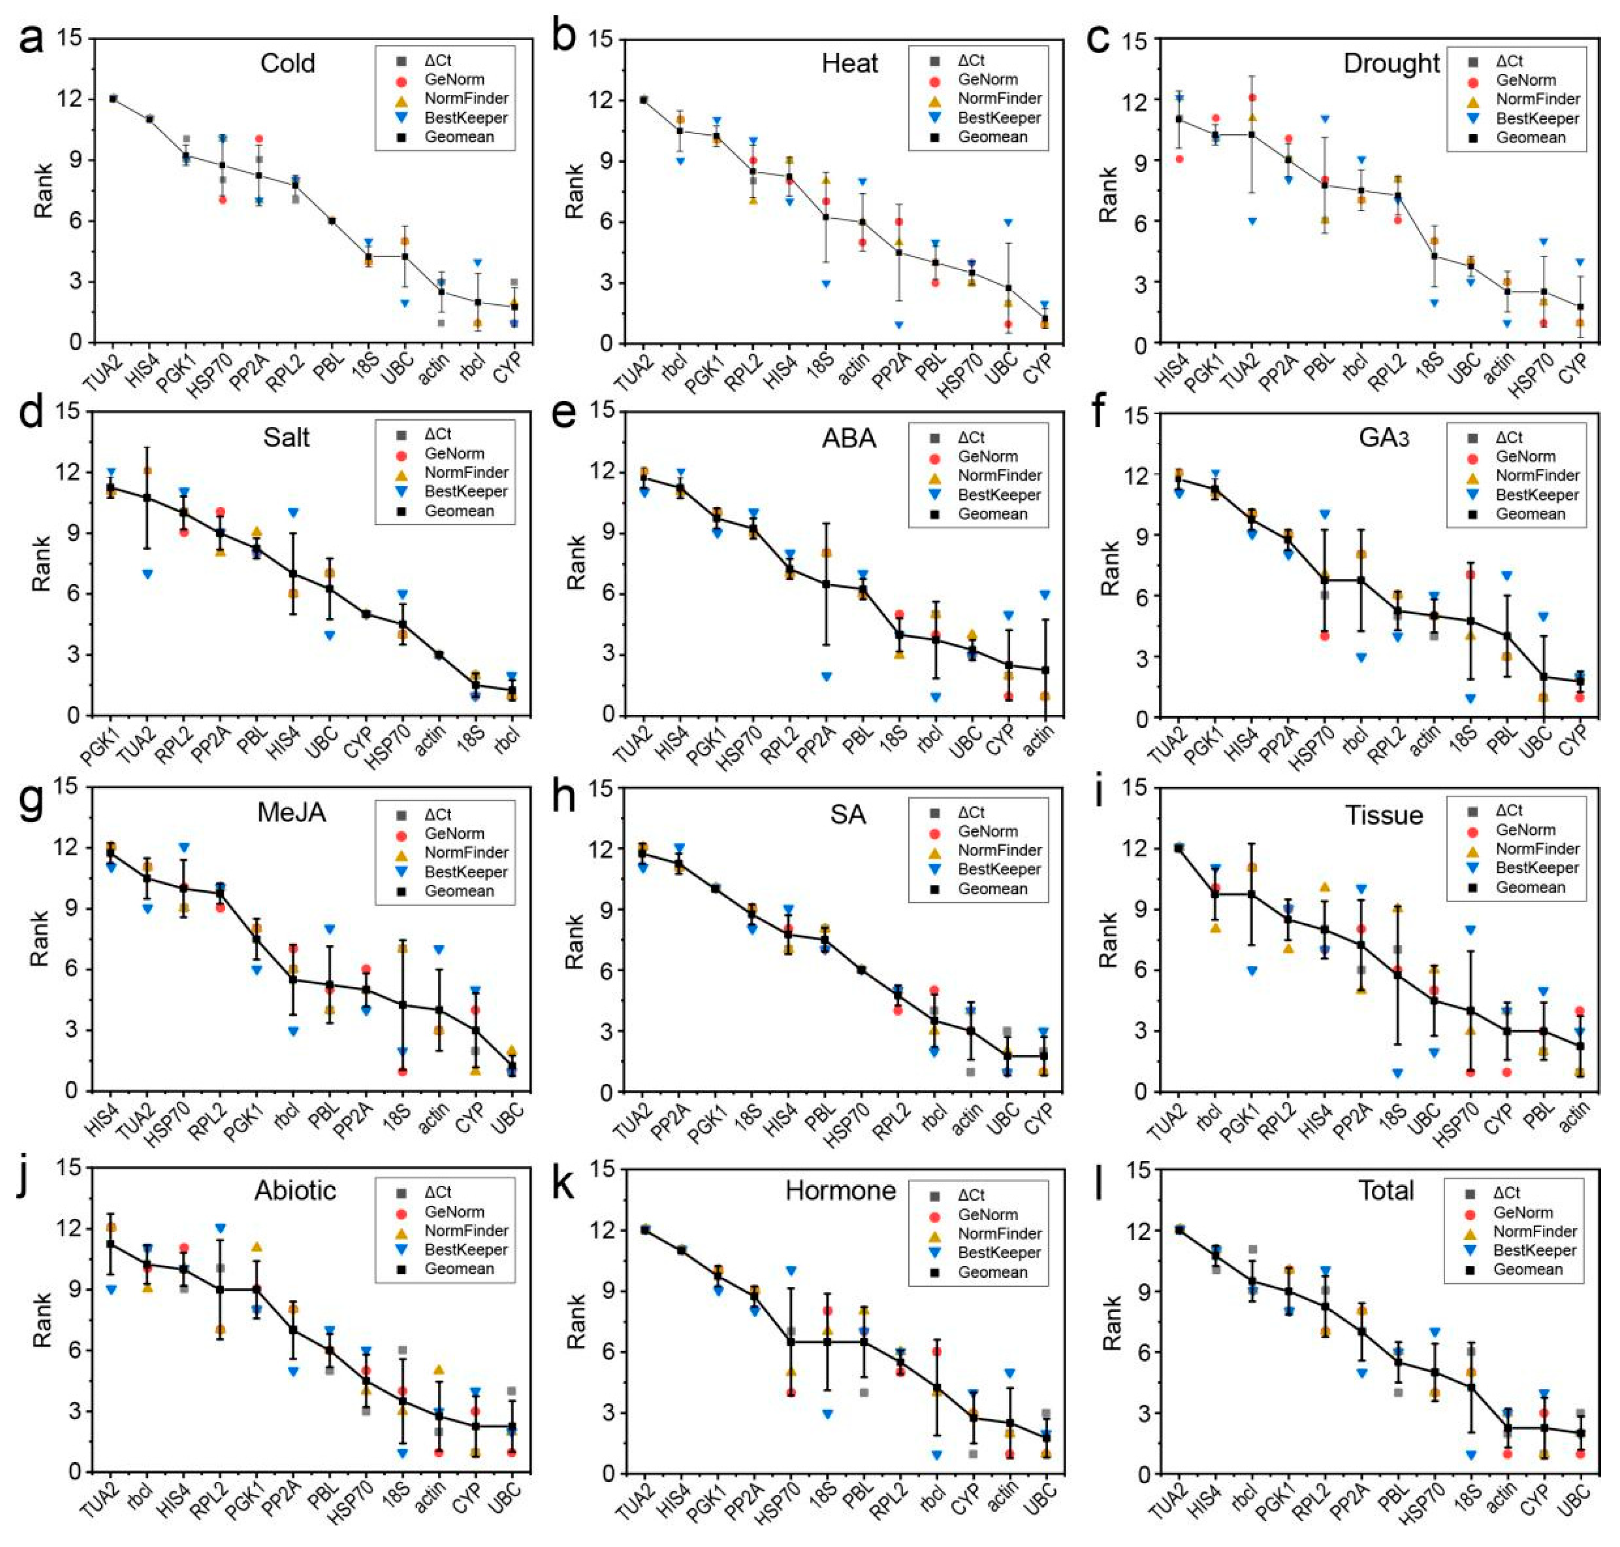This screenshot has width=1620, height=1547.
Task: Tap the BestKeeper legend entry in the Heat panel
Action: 998,118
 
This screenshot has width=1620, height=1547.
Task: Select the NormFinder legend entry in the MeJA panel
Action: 466,853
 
